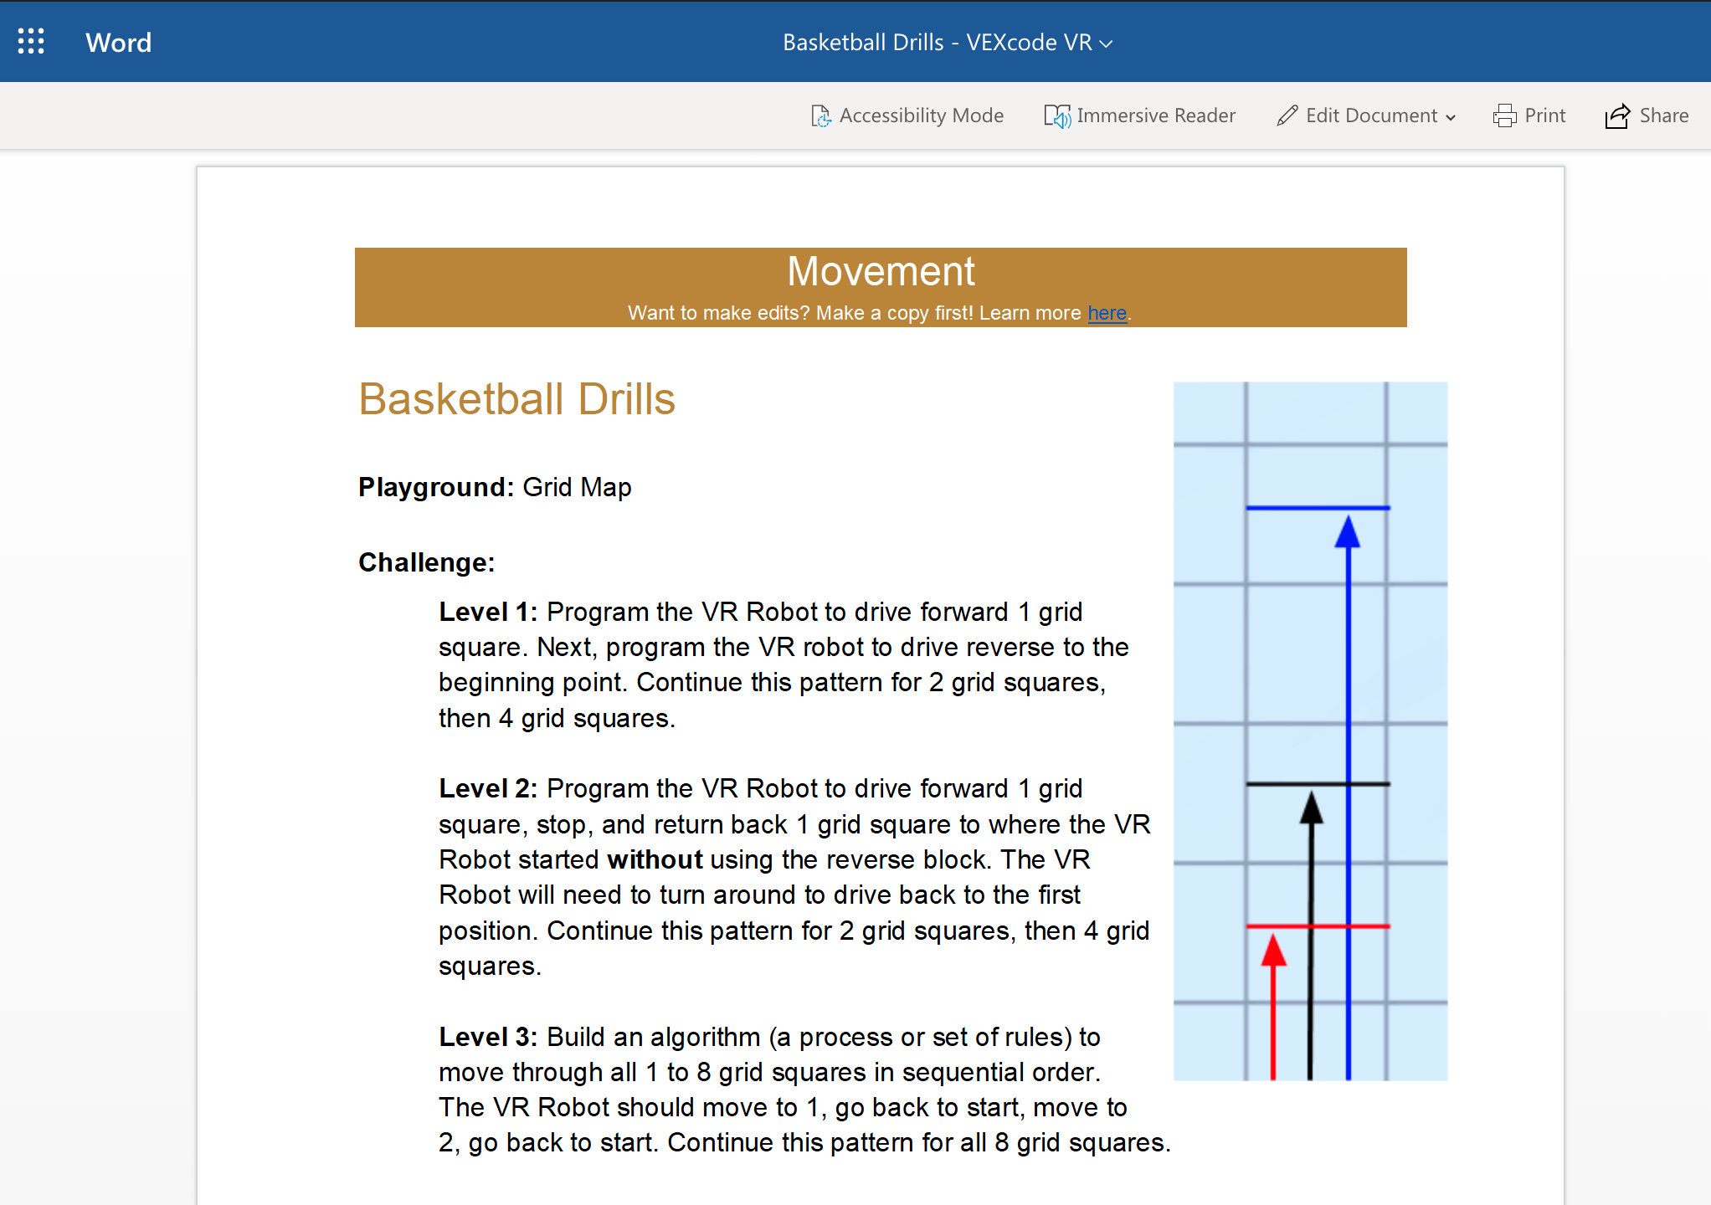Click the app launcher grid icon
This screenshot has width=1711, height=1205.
(31, 41)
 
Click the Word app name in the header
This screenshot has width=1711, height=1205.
(118, 43)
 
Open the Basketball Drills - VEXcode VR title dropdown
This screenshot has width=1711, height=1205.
(947, 43)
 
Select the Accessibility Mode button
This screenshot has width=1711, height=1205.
(907, 115)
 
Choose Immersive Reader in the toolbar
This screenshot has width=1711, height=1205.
(1139, 115)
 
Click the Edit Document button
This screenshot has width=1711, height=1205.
(1366, 115)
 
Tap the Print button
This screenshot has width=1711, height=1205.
(1529, 115)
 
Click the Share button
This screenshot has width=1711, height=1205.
(1647, 115)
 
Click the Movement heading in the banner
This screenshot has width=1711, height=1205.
(881, 271)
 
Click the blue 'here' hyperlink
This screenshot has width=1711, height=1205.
(1107, 313)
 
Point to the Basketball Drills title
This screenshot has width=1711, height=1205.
(516, 399)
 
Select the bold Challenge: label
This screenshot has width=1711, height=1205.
(426, 562)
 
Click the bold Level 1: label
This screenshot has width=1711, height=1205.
(487, 612)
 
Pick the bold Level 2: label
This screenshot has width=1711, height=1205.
(487, 788)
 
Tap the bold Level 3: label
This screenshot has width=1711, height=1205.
(487, 1037)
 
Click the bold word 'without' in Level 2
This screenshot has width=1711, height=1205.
(655, 859)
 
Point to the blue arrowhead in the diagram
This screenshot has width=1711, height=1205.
(1348, 533)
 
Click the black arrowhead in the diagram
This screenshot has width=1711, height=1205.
(1311, 809)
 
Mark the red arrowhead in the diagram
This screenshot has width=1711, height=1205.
(1273, 951)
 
